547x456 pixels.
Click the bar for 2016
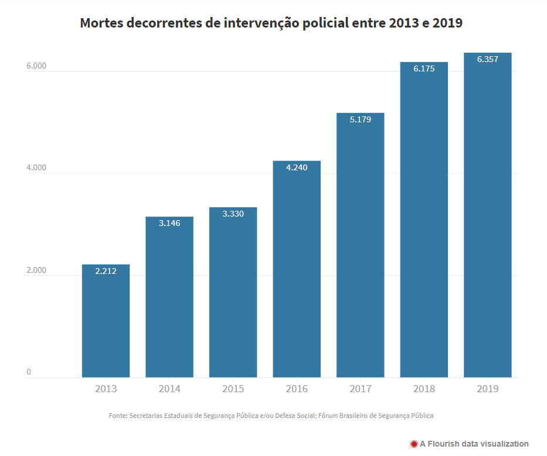pos(297,269)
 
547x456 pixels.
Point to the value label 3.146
pos(169,223)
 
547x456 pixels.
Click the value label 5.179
pos(360,119)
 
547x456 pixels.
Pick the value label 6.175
pos(424,68)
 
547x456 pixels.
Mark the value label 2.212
pos(106,271)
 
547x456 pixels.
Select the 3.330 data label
pos(233,214)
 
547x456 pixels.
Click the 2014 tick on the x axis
pos(169,389)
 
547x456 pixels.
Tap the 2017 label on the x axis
pos(360,389)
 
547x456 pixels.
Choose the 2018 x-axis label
pos(424,389)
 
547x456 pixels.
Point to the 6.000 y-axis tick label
pos(36,66)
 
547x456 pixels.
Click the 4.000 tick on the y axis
pos(36,169)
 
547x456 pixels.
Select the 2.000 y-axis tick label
pos(36,270)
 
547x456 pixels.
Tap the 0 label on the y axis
pos(28,372)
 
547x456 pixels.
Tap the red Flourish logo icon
pos(414,444)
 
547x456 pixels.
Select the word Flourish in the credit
pos(444,444)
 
